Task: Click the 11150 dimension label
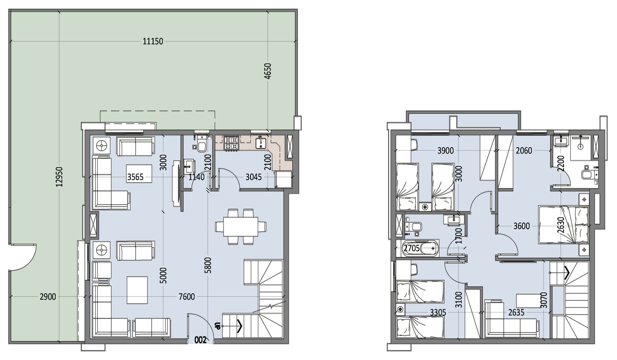[153, 41]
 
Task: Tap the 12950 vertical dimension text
[59, 177]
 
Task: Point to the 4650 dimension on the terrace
[267, 71]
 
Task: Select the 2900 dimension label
[48, 297]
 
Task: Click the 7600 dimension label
[187, 297]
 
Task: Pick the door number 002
[201, 340]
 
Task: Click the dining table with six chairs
[241, 227]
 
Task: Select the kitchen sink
[261, 143]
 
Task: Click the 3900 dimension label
[445, 151]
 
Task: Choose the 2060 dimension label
[524, 151]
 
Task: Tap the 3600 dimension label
[522, 226]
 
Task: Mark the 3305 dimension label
[438, 312]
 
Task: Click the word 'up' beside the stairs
[217, 326]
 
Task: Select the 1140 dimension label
[196, 177]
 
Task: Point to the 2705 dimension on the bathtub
[412, 248]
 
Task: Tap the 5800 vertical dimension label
[208, 265]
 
